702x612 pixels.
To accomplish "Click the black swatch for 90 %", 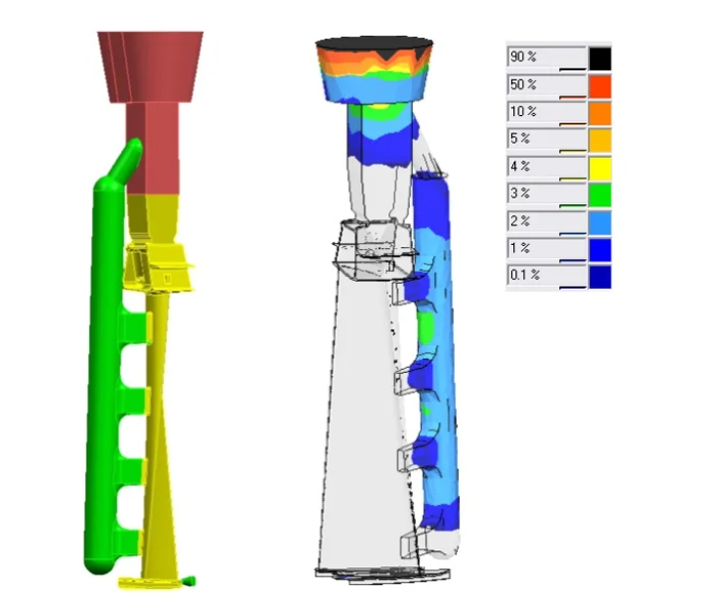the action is click(600, 59).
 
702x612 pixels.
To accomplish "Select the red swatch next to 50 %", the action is click(600, 86).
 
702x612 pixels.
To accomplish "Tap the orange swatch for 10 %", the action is click(600, 114).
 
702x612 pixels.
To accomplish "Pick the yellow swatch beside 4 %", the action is click(600, 169).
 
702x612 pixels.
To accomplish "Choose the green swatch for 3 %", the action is click(600, 195).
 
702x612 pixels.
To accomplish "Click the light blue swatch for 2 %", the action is click(600, 223).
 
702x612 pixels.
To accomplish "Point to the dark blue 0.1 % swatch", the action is click(600, 277).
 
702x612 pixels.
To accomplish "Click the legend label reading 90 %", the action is click(523, 57).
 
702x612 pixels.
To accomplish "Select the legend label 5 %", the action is click(519, 139).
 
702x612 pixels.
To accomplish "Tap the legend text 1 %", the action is click(519, 248).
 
